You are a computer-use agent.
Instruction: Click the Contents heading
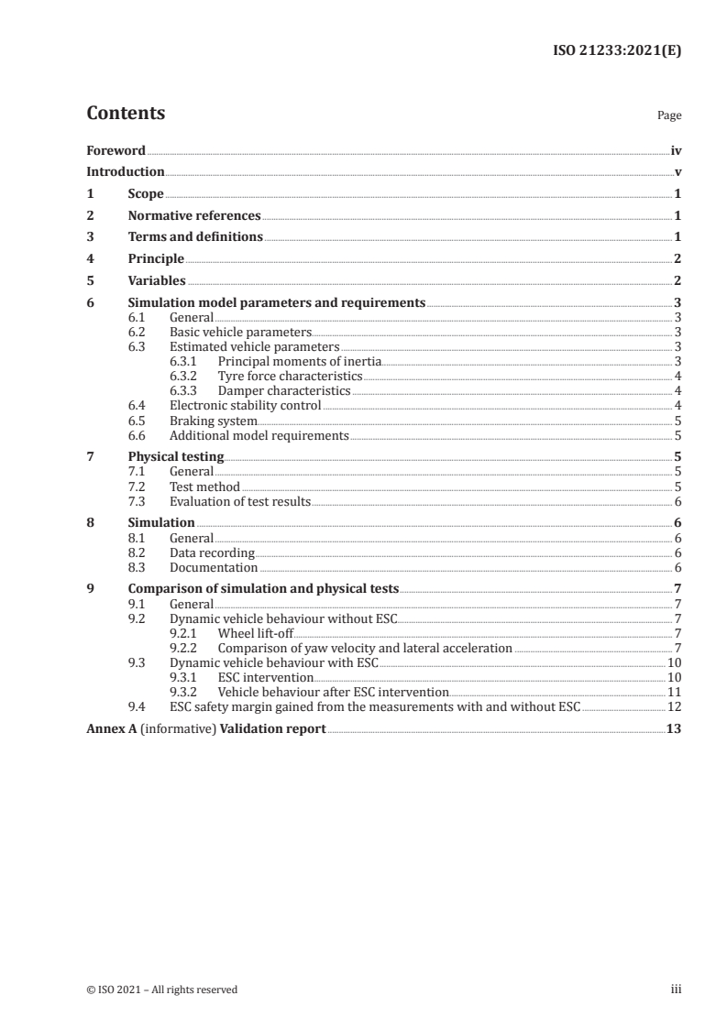126,114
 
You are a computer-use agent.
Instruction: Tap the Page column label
669,116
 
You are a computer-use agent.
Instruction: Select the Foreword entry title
116,150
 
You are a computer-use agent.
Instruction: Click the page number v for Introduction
677,172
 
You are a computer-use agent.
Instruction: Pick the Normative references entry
194,216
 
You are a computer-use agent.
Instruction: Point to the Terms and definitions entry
195,237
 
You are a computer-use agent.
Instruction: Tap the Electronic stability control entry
245,405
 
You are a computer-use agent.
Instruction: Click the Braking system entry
214,421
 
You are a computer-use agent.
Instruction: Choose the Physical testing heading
176,456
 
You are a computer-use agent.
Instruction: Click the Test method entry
204,487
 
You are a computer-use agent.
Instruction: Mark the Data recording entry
213,552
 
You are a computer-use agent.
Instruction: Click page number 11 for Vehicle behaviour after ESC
674,692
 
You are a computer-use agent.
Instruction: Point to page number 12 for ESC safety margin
674,706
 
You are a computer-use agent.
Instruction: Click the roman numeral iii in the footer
676,990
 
